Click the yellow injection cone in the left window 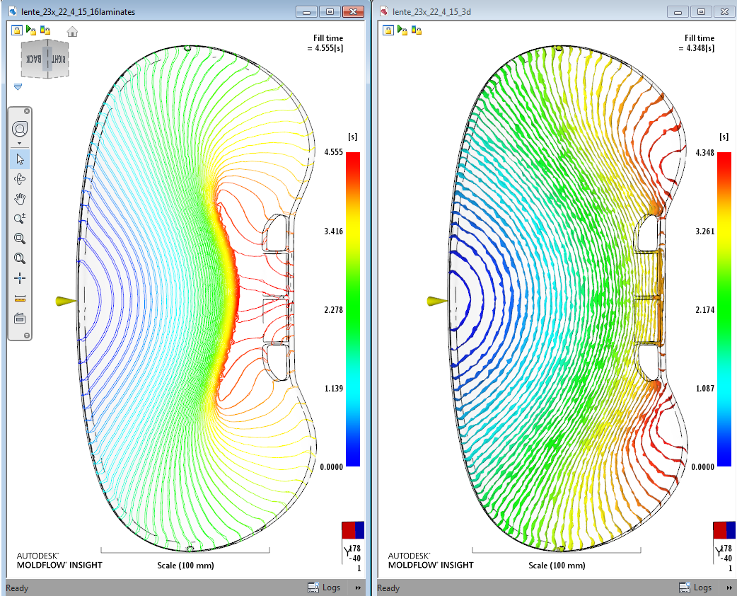point(66,302)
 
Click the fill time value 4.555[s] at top point(325,48)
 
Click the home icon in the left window point(72,31)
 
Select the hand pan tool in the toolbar point(20,198)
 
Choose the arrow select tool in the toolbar point(20,159)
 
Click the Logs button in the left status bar point(324,588)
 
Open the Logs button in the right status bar point(695,588)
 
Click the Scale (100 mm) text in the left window point(185,565)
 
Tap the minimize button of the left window point(306,12)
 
